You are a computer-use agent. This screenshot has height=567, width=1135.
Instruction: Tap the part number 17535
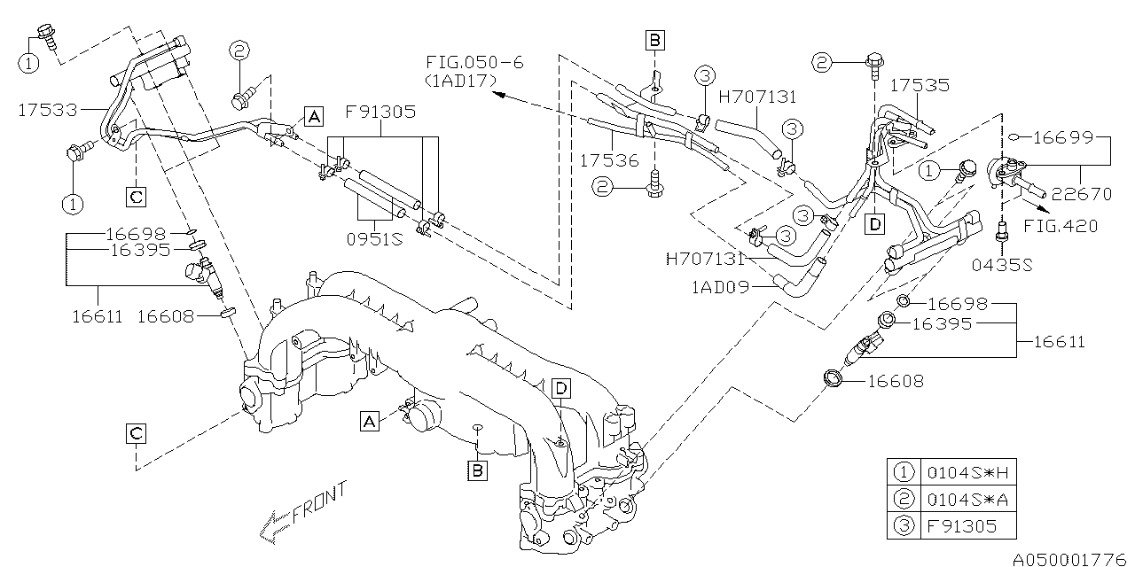(x=920, y=86)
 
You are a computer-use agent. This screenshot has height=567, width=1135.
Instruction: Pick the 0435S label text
(x=1002, y=263)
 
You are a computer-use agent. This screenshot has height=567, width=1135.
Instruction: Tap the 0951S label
(x=373, y=239)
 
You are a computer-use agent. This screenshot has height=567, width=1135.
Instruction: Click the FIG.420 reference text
(x=1061, y=226)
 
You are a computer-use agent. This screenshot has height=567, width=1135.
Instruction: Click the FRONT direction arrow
(x=301, y=513)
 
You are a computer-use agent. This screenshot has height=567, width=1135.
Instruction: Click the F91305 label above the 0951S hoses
(x=380, y=113)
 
